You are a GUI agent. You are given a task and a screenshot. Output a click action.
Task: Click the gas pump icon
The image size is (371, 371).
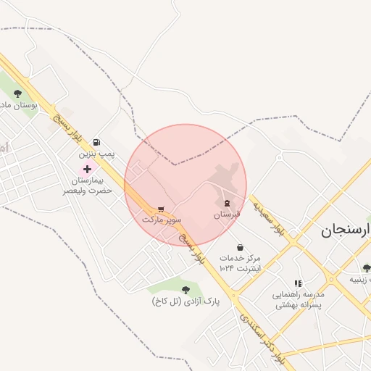97,143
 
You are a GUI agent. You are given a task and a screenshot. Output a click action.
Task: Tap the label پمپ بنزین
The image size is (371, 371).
97,154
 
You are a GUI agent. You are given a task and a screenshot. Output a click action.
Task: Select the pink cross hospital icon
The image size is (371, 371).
88,168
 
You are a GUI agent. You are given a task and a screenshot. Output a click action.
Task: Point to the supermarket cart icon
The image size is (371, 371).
160,207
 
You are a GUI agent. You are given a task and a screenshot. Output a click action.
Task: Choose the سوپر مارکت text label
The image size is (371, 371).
162,218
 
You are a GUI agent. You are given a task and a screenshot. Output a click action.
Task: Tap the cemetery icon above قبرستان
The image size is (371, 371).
228,203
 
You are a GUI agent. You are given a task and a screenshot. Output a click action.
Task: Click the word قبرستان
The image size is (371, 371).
227,214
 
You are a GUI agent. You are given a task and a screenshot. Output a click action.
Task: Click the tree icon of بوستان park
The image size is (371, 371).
17,93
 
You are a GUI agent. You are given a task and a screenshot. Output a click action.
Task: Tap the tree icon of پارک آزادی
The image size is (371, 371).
185,289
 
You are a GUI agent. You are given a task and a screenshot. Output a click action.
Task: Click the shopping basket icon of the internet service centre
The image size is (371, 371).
240,247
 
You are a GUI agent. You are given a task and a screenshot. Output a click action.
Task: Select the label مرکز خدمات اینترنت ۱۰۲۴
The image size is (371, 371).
241,263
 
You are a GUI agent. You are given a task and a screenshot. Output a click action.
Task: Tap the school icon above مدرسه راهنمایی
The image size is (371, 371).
298,283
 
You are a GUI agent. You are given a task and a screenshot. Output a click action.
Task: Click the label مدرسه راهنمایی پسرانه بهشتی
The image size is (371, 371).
299,300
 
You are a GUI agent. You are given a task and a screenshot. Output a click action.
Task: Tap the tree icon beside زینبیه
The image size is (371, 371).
366,267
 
